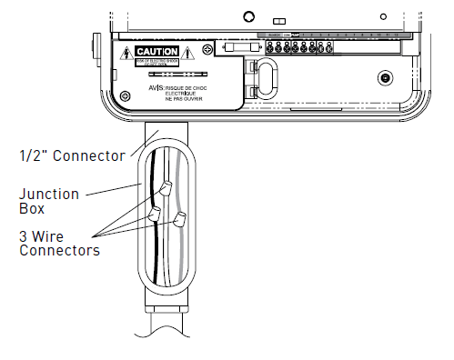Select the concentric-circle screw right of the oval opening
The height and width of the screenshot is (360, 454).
click(x=386, y=77)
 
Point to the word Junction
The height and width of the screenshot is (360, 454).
click(x=49, y=194)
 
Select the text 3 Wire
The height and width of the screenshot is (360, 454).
click(x=42, y=236)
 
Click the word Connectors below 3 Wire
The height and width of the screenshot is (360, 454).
click(x=59, y=250)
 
